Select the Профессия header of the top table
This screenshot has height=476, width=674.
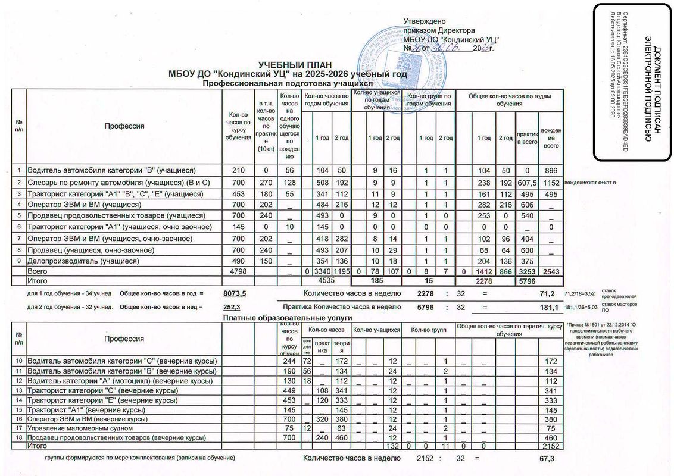124,126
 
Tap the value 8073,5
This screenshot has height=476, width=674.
235,293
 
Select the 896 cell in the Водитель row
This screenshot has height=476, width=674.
551,169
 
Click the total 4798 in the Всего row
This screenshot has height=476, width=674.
230,271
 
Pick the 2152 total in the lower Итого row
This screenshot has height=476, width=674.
547,445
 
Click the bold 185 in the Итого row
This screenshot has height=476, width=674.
376,279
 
